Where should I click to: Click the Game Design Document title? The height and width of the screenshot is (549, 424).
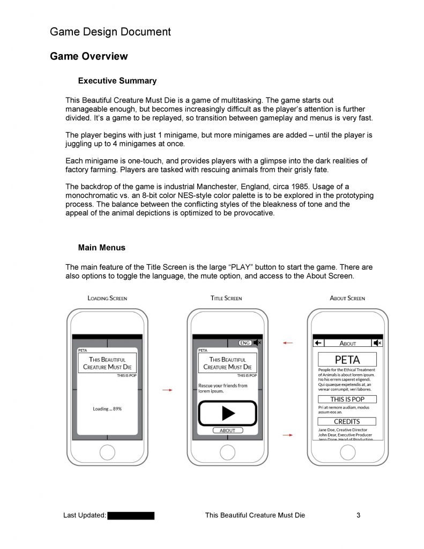pos(110,32)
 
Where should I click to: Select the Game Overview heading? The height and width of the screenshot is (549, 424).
pos(88,56)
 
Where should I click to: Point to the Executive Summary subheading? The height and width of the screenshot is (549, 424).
pos(117,81)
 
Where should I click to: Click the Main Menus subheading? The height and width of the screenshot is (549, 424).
pos(102,248)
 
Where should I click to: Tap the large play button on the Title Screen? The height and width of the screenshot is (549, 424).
pos(228,413)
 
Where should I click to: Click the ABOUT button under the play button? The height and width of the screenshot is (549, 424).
pos(228,431)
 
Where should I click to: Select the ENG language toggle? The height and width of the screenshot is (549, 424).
pos(244,343)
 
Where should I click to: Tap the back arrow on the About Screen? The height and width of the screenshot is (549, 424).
pos(318,343)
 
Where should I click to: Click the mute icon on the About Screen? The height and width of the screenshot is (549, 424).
pos(378,343)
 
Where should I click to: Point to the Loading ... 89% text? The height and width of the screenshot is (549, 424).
pos(107,409)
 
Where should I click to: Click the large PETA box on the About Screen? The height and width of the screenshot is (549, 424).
pos(347,359)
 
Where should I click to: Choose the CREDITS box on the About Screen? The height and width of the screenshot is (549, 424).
pos(347,421)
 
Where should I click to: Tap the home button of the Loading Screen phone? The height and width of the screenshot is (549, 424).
pos(107,453)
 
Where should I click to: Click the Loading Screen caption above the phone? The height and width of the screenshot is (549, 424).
pos(107,298)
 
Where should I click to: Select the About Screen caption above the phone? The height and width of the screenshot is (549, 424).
pos(347,298)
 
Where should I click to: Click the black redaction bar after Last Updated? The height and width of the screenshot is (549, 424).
pos(131,516)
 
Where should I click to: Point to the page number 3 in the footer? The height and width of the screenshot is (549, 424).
pos(358,516)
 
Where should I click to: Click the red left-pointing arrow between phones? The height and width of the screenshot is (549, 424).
pos(288,343)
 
